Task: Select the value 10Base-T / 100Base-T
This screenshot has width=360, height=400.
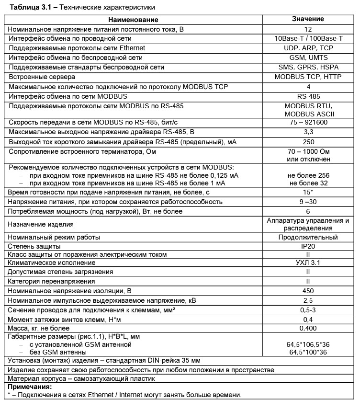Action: click(308, 38)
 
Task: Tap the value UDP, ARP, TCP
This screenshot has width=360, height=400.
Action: click(308, 48)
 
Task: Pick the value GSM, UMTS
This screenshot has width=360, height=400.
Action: click(308, 57)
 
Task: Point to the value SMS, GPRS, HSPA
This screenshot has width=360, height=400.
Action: click(308, 67)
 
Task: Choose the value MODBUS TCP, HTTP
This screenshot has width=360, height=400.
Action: click(308, 77)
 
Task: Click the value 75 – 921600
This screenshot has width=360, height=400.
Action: click(308, 123)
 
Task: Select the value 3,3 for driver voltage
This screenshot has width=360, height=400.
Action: click(308, 133)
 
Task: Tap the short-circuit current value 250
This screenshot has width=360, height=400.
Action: click(308, 142)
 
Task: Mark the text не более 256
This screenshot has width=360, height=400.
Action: click(308, 175)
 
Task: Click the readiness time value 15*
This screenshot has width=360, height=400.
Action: click(308, 192)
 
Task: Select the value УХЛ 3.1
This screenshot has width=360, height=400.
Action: click(308, 263)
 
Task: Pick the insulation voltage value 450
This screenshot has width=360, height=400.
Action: click(308, 291)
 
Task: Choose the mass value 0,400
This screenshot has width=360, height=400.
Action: click(308, 328)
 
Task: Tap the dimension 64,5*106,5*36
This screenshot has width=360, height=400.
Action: click(308, 344)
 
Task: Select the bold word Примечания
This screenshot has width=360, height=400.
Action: click(30, 387)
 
